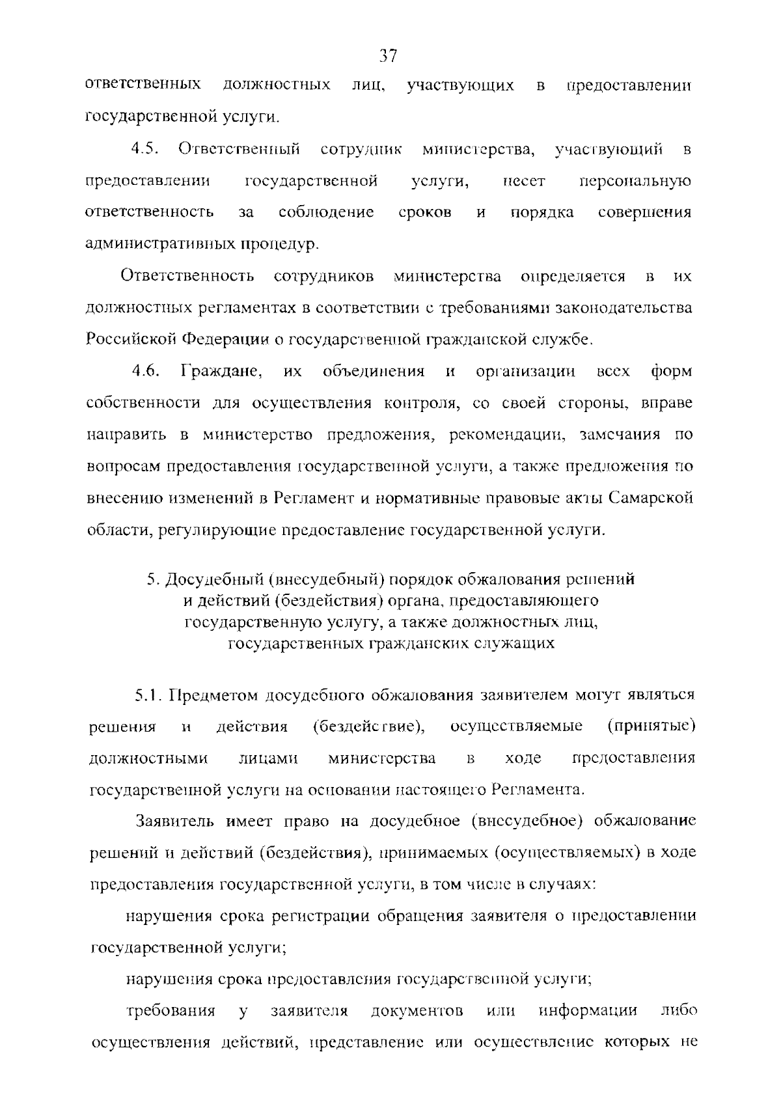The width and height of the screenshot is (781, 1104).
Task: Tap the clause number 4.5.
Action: point(146,149)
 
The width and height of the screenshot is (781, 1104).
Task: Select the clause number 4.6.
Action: point(146,372)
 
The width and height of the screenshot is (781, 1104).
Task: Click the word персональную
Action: point(635,181)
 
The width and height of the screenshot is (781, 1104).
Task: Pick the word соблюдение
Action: point(326,212)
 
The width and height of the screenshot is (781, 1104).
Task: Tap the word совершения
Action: point(644,212)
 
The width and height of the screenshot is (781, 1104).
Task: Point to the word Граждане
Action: point(221,372)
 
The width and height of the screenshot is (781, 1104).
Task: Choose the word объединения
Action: point(374,372)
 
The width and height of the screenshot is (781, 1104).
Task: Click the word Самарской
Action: point(651,498)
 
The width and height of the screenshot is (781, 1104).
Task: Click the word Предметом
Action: point(212,695)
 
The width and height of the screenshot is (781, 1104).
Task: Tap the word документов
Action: point(417,1012)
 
